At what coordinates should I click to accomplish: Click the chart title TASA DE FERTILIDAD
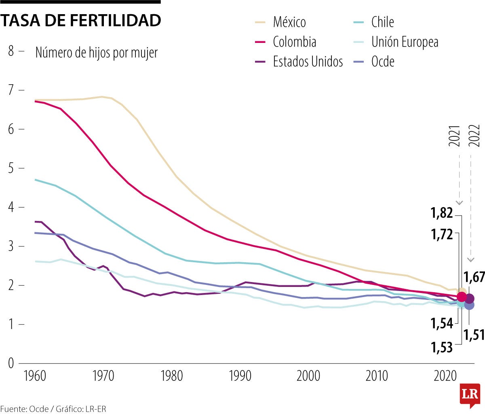pos(80,20)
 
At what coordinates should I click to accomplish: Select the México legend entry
pos(289,22)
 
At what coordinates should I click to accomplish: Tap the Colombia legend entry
pos(294,42)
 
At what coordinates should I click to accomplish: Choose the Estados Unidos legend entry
pos(308,62)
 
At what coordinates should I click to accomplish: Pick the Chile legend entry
pos(382,22)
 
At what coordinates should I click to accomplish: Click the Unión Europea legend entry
pos(405,42)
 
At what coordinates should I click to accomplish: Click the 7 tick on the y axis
pos(11,90)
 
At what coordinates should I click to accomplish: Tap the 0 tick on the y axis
pos(11,363)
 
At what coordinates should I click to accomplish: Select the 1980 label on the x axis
pos(172,376)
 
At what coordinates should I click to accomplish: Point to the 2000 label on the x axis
pos(308,376)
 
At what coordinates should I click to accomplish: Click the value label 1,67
pos(474,277)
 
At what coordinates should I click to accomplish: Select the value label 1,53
pos(442,347)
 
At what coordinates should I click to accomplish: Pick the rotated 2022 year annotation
pos(474,136)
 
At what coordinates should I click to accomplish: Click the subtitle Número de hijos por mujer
pos(96,53)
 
